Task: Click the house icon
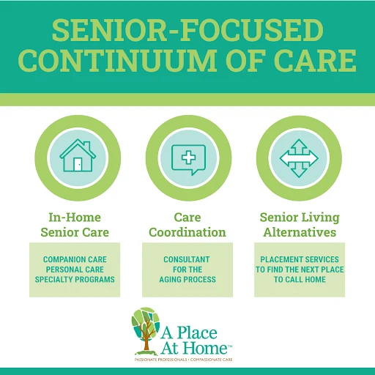click(x=78, y=155)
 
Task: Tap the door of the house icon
click(x=78, y=164)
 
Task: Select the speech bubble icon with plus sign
click(x=188, y=160)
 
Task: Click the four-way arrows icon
click(x=299, y=158)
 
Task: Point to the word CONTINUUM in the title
click(x=118, y=60)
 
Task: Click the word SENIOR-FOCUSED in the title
click(x=187, y=30)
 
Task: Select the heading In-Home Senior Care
click(x=75, y=225)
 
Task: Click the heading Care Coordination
click(x=187, y=225)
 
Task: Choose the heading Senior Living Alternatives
click(x=300, y=225)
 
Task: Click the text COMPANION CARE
click(x=75, y=259)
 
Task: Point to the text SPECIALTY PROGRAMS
click(x=75, y=279)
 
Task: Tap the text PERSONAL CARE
click(x=75, y=270)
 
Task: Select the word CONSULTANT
click(x=187, y=259)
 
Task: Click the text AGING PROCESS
click(x=187, y=279)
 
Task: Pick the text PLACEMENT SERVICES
click(x=300, y=259)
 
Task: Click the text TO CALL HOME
click(x=300, y=279)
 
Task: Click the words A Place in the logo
click(x=189, y=333)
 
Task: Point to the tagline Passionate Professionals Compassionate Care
click(x=183, y=360)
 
